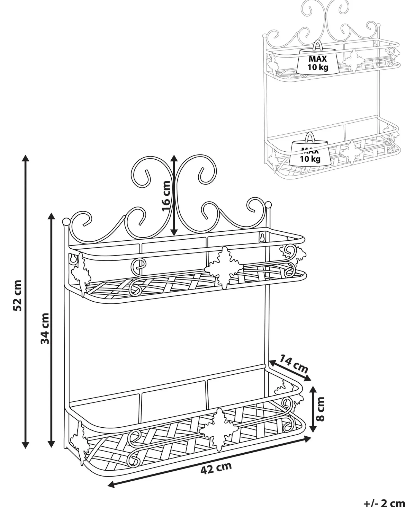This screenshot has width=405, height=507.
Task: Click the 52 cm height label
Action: tap(17, 295)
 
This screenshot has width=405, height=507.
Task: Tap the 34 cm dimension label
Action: tap(45, 328)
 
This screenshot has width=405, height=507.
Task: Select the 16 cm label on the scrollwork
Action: tap(166, 196)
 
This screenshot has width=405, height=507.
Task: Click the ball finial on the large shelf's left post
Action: tap(66, 222)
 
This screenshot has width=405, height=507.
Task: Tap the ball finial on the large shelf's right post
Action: tap(268, 205)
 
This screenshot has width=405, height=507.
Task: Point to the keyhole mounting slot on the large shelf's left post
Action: tap(73, 259)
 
